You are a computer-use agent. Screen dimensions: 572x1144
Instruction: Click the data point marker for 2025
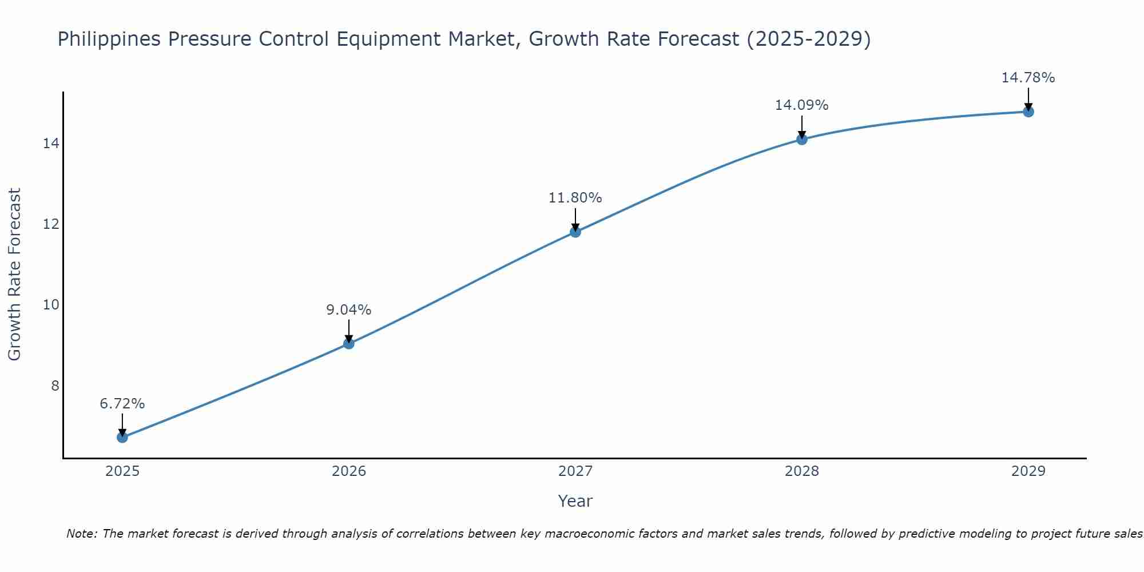click(122, 438)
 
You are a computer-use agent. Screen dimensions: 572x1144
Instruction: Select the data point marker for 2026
click(349, 344)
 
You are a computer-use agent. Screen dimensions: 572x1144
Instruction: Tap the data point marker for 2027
click(575, 232)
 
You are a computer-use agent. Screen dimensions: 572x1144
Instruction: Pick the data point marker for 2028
click(802, 139)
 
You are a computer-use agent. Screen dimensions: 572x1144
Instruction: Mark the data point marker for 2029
click(1028, 112)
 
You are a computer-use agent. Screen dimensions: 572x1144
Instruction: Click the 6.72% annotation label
click(122, 404)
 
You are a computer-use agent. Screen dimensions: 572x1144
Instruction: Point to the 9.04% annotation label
click(349, 310)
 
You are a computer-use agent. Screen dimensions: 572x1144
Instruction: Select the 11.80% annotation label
click(575, 198)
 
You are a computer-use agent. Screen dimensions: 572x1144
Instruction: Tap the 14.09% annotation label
click(802, 105)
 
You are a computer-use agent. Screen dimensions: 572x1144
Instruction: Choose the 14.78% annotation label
click(1028, 78)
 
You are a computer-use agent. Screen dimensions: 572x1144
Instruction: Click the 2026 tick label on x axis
click(349, 471)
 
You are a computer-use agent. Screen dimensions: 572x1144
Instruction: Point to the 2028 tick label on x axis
click(802, 471)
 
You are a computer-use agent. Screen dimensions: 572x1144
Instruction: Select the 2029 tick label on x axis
click(1028, 471)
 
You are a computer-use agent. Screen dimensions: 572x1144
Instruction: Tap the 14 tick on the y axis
click(51, 143)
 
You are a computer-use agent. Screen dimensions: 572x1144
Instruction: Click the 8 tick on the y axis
click(55, 386)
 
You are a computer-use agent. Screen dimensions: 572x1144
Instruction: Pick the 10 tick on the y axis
click(51, 304)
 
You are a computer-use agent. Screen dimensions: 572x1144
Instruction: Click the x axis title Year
click(575, 501)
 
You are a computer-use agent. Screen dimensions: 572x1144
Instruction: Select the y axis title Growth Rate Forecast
click(15, 275)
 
